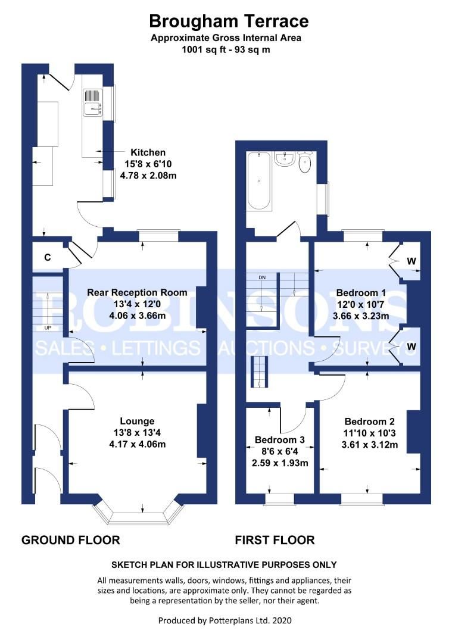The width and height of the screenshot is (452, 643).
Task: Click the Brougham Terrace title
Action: (229, 22)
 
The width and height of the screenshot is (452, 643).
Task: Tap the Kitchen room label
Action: (148, 152)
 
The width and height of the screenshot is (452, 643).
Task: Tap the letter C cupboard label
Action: (46, 257)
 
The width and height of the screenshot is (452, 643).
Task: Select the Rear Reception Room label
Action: (137, 292)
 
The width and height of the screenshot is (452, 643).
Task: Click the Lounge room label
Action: (137, 421)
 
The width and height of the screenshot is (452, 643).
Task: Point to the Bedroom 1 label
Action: (361, 293)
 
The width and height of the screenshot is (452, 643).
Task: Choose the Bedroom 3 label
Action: (279, 440)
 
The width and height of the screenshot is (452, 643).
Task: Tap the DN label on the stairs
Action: (262, 278)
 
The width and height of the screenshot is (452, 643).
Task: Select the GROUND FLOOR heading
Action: (71, 540)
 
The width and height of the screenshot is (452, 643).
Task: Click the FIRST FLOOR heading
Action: (275, 540)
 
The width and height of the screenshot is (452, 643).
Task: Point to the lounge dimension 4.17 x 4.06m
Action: (137, 444)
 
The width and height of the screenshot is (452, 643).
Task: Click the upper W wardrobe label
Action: (412, 261)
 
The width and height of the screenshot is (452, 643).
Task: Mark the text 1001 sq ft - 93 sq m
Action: (226, 50)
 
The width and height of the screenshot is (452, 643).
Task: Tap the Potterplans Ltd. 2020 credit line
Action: (225, 620)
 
